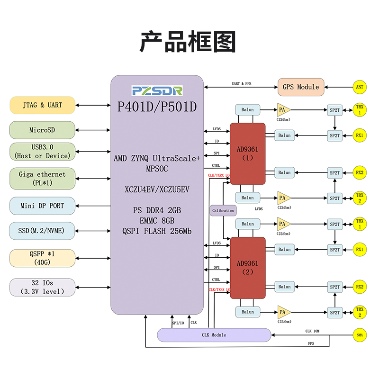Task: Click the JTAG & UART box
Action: (42, 105)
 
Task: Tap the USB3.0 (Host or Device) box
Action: (42, 152)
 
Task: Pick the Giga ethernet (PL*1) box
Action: (42, 178)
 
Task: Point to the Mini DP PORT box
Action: (42, 206)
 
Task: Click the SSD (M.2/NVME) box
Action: (42, 231)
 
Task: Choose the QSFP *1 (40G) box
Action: (42, 258)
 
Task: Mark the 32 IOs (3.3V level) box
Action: (42, 288)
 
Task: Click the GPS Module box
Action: (301, 87)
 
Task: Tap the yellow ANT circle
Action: (360, 87)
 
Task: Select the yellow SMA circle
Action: (360, 335)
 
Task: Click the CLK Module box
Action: (214, 335)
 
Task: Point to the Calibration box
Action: (223, 210)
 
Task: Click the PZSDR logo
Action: (157, 90)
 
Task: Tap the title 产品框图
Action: (188, 42)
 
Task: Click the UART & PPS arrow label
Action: (242, 84)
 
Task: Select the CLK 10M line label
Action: (312, 331)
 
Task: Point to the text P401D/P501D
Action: (157, 108)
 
